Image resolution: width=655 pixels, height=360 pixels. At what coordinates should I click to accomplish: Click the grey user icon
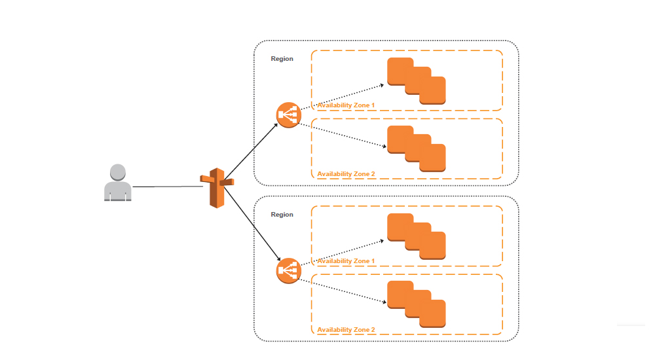117,183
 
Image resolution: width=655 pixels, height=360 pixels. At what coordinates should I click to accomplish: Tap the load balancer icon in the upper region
288,115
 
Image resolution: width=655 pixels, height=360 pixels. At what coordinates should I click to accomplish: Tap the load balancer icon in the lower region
288,271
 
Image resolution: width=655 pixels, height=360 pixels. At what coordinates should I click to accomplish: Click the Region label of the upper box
282,59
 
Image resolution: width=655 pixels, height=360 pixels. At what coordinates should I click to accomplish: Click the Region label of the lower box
282,215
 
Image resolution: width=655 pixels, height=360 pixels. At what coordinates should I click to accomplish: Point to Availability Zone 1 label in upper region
346,105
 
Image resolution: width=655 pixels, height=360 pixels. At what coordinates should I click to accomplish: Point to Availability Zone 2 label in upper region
346,174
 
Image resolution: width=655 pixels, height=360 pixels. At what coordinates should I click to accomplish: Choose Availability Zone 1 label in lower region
346,261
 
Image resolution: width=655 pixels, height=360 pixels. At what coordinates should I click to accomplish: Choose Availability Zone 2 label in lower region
346,330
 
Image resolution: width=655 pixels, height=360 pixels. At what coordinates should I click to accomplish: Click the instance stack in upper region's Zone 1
416,81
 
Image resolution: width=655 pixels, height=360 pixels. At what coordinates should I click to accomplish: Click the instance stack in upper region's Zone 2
416,149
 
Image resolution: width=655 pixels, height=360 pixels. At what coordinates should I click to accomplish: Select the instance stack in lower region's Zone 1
416,237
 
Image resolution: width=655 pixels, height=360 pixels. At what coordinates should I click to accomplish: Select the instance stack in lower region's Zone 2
416,305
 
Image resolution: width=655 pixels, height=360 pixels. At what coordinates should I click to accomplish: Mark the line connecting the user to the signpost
167,187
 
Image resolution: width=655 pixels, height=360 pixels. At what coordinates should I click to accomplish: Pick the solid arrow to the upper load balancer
252,150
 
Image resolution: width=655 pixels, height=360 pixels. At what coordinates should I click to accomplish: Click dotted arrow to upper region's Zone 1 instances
341,97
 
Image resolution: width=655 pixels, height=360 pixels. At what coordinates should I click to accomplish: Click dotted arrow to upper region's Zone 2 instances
341,134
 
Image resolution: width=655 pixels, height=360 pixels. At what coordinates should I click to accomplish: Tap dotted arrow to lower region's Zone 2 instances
341,290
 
